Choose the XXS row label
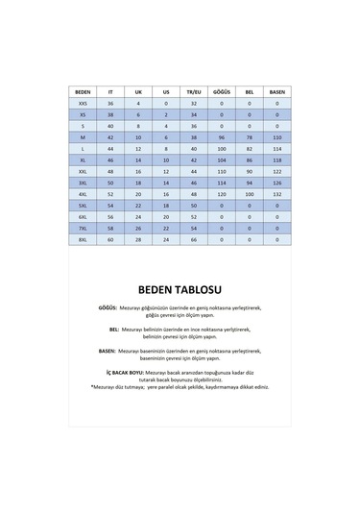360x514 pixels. click(83, 101)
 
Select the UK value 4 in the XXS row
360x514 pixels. click(138, 101)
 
